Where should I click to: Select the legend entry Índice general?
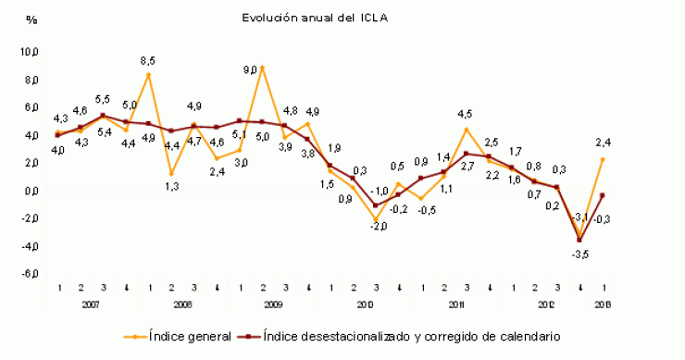coord(190,337)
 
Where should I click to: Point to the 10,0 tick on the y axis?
coord(30,53)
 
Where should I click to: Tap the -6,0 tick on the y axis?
coord(30,275)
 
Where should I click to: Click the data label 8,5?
coord(148,61)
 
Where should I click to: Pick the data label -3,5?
coord(580,254)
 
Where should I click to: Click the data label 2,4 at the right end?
coord(603,143)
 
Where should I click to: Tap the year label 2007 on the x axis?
coord(92,304)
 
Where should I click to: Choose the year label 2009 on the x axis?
coord(273,304)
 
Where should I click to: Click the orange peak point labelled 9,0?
coord(262,68)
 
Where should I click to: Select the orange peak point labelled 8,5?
coord(148,74)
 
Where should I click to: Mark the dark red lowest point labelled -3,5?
coord(580,240)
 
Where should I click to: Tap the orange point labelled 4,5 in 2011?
coord(467,130)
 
